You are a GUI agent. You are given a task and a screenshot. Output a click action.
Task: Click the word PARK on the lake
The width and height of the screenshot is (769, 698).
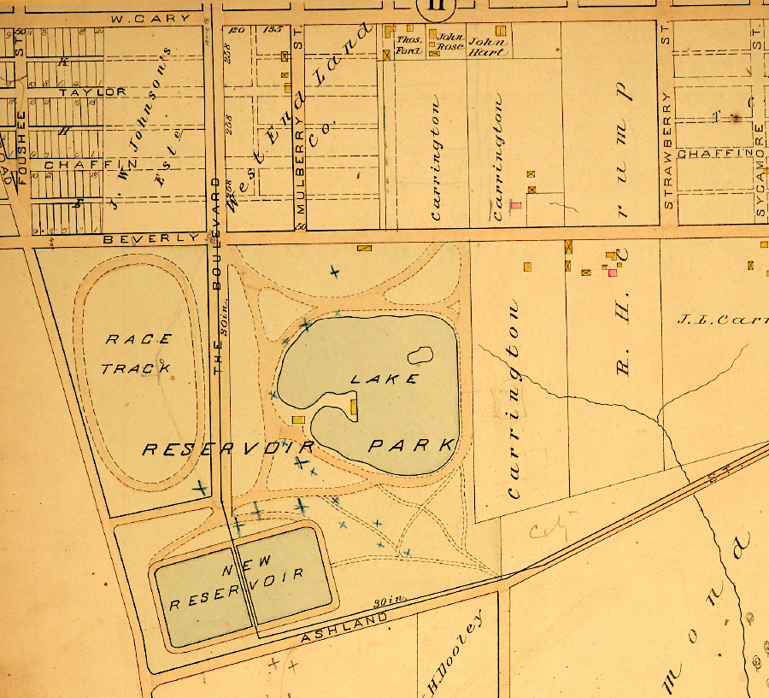411,445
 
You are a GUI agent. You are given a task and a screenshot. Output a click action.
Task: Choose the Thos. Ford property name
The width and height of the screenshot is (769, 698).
408,45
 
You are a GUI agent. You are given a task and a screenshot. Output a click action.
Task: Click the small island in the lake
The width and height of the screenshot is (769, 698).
419,355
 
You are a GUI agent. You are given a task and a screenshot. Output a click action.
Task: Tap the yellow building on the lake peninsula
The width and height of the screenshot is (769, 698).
353,408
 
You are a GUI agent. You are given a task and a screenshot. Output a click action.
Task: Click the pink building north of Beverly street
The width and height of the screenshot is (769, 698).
515,206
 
